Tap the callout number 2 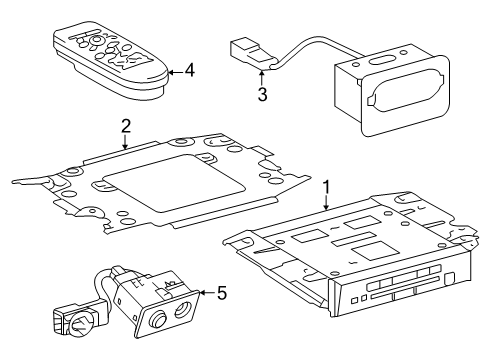point(126,126)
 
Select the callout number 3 point(263,94)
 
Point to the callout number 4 point(189,71)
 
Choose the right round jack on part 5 point(181,314)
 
